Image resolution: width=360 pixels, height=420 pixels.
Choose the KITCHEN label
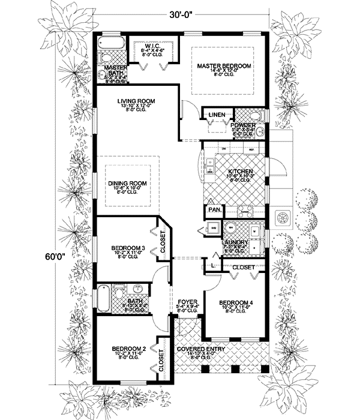pos(240,172)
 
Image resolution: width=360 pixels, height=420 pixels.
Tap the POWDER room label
pos(243,125)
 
